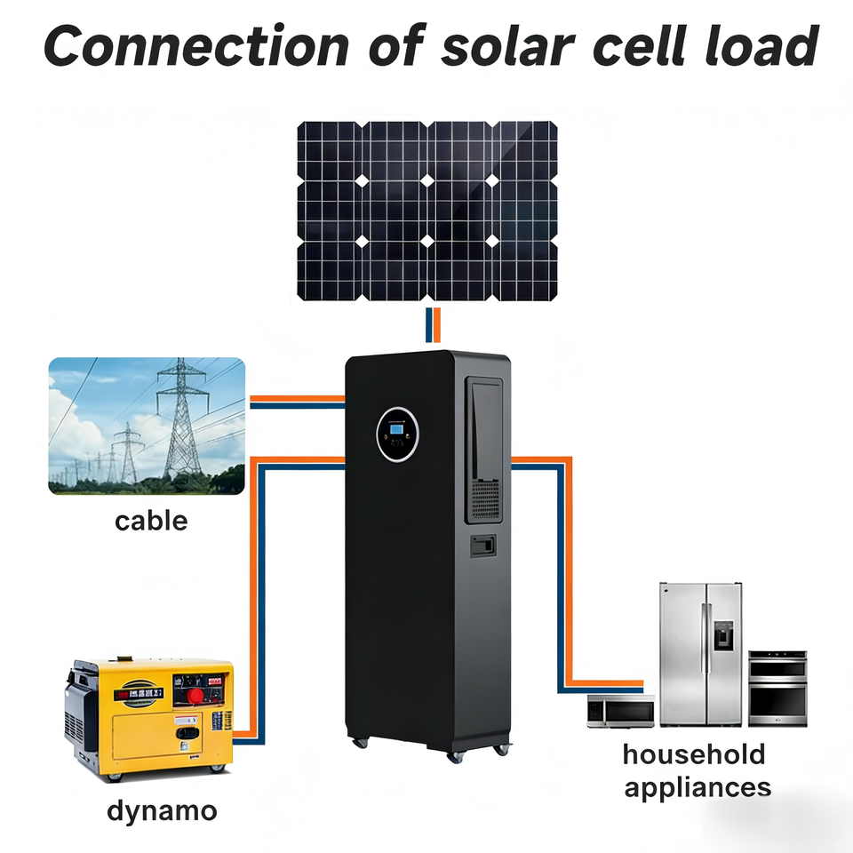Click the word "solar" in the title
(508, 45)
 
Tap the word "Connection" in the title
(196, 45)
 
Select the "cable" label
(151, 521)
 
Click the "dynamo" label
(162, 811)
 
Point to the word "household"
(694, 754)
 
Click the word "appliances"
(698, 788)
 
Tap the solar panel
(427, 211)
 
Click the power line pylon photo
(147, 426)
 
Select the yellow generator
(149, 719)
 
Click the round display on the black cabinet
(398, 434)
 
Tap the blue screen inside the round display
(396, 429)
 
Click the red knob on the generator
(195, 695)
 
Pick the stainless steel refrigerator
(701, 655)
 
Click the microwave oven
(621, 711)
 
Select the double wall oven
(777, 689)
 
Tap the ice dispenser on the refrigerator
(723, 635)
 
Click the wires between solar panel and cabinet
(433, 325)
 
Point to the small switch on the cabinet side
(483, 546)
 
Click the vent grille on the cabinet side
(485, 498)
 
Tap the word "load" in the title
(761, 45)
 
